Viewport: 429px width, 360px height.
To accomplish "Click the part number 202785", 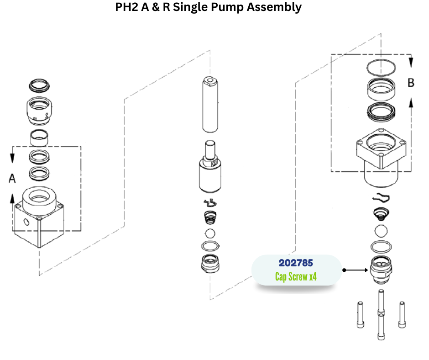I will tap(296, 263).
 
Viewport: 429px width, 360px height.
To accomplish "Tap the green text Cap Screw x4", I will tap(296, 277).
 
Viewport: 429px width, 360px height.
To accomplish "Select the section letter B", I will tap(411, 83).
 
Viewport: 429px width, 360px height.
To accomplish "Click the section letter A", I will tap(12, 178).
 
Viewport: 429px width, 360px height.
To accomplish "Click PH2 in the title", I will tap(126, 7).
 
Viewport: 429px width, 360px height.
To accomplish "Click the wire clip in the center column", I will tap(209, 203).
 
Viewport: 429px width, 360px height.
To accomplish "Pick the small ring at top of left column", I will tap(38, 85).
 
